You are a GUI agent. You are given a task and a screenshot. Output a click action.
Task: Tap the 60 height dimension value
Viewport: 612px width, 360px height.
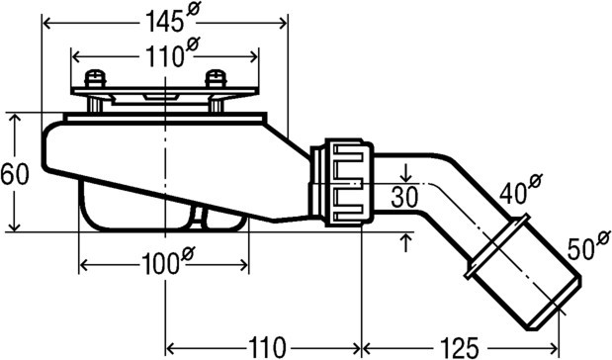click(15, 174)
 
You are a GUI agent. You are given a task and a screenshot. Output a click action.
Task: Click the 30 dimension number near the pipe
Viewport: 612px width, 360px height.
click(404, 197)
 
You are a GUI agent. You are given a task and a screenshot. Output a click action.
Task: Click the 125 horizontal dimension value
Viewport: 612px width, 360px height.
click(459, 347)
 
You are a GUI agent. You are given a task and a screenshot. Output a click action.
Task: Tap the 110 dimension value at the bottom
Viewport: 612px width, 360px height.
click(267, 347)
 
